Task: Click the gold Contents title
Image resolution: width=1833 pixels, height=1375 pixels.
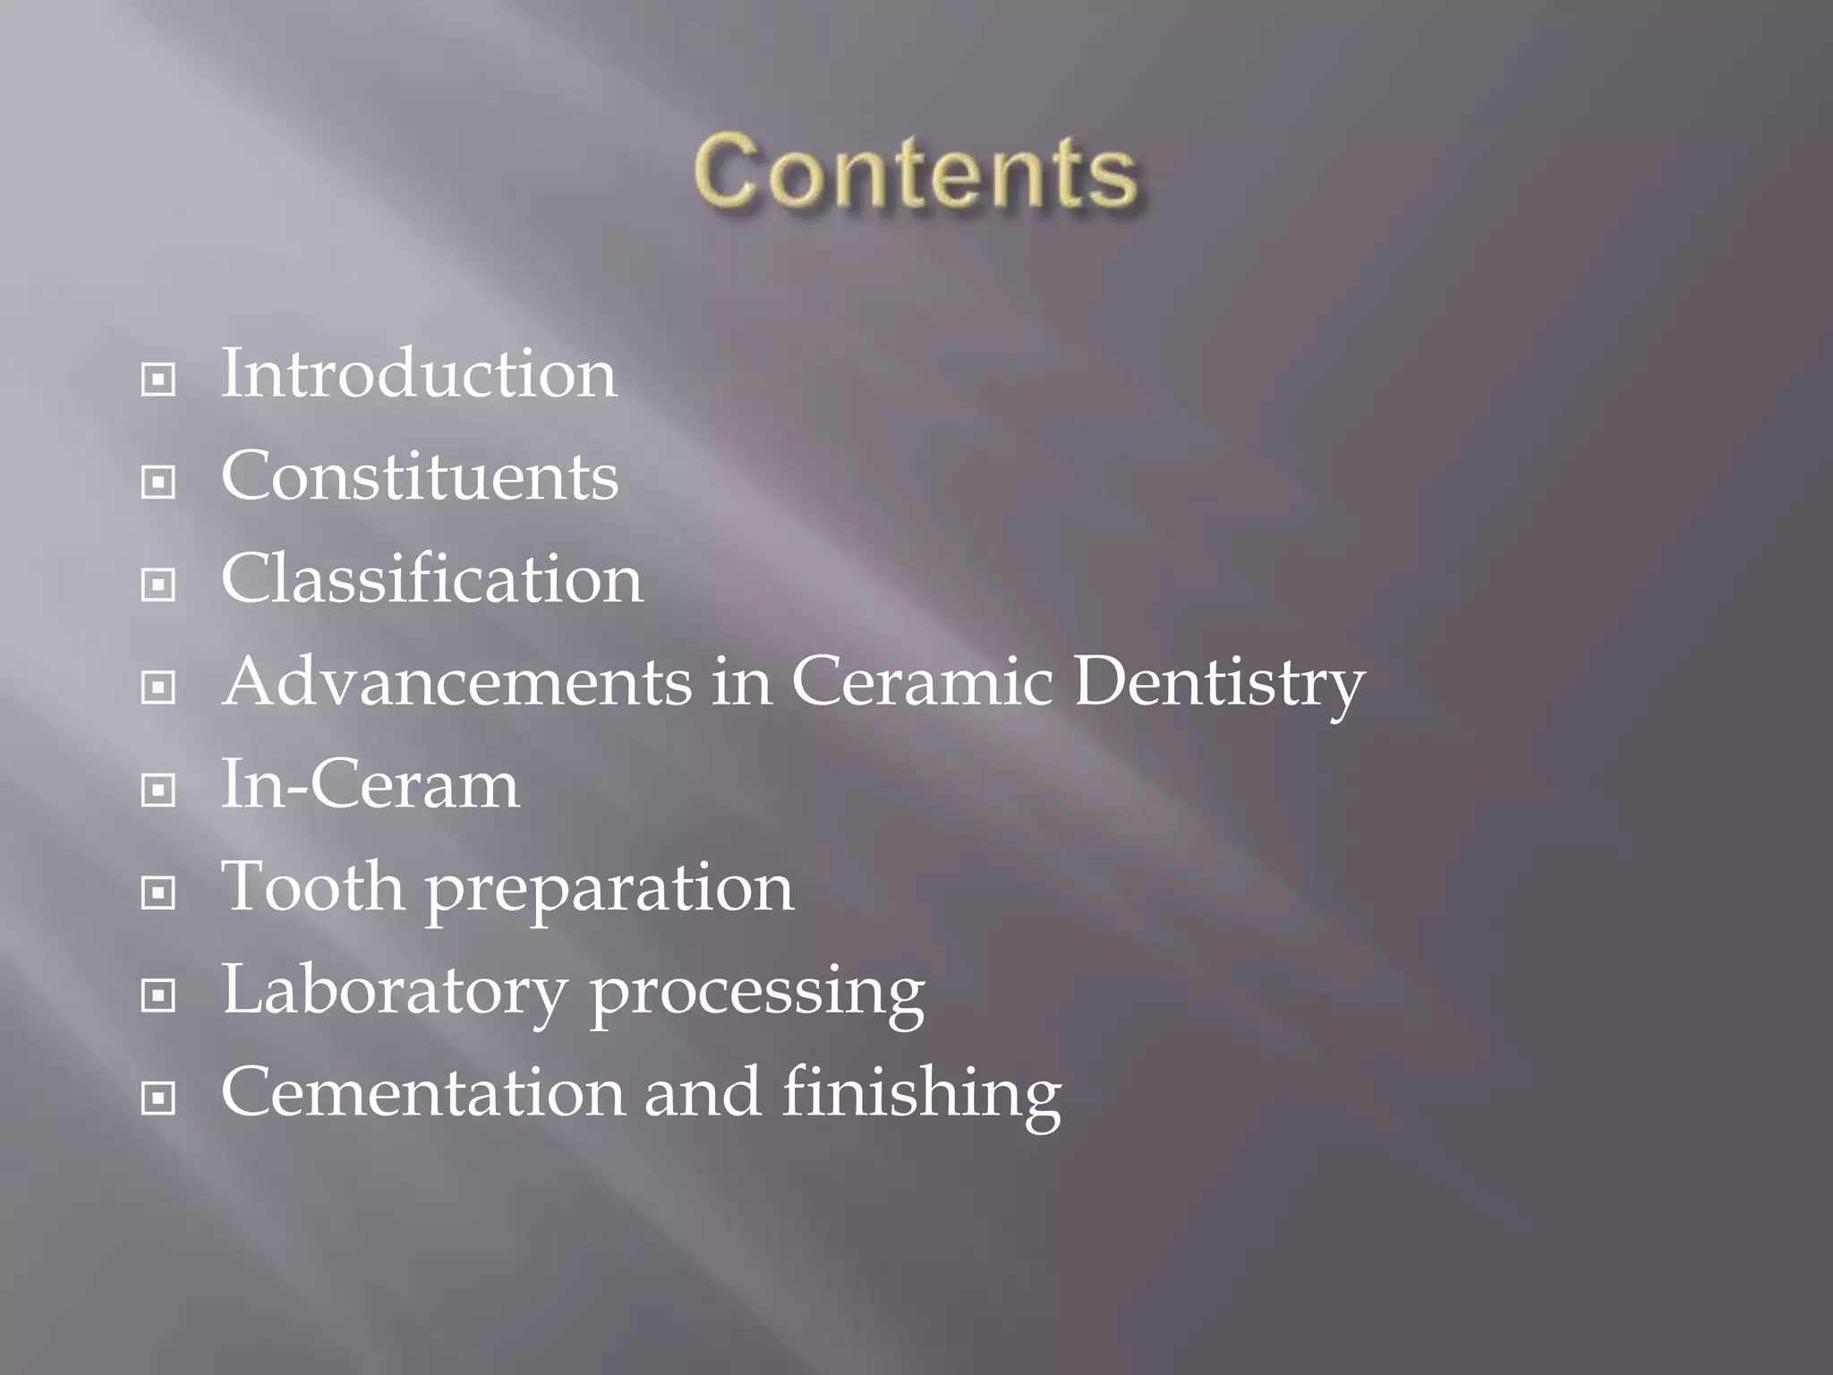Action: pos(916,171)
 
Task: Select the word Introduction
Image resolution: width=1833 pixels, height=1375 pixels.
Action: pos(419,374)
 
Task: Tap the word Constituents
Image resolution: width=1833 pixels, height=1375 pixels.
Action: pos(420,476)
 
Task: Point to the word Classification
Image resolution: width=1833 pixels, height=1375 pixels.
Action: pos(432,579)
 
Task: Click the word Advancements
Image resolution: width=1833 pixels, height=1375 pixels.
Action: pos(457,682)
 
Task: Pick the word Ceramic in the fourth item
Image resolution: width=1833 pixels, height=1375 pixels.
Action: pos(922,682)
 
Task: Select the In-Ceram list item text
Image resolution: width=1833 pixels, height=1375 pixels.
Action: pos(370,785)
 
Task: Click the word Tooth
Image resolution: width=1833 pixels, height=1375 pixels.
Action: pos(312,887)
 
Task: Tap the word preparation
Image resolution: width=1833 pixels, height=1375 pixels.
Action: pos(610,892)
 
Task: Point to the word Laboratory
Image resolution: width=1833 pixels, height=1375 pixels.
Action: pos(395,993)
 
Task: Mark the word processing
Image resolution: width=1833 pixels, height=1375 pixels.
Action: pos(757,995)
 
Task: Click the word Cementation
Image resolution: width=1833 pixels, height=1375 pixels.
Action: pos(423,1093)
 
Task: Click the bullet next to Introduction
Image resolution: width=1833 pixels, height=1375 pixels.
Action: pos(158,380)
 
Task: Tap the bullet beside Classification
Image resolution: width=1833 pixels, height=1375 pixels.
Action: pos(158,585)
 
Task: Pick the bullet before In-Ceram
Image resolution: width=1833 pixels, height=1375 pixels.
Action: pos(158,790)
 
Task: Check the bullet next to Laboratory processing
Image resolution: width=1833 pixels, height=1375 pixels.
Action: pos(158,995)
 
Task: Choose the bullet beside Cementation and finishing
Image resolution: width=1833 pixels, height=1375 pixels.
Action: pos(158,1098)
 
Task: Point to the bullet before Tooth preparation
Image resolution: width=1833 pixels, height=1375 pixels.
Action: pos(158,892)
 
